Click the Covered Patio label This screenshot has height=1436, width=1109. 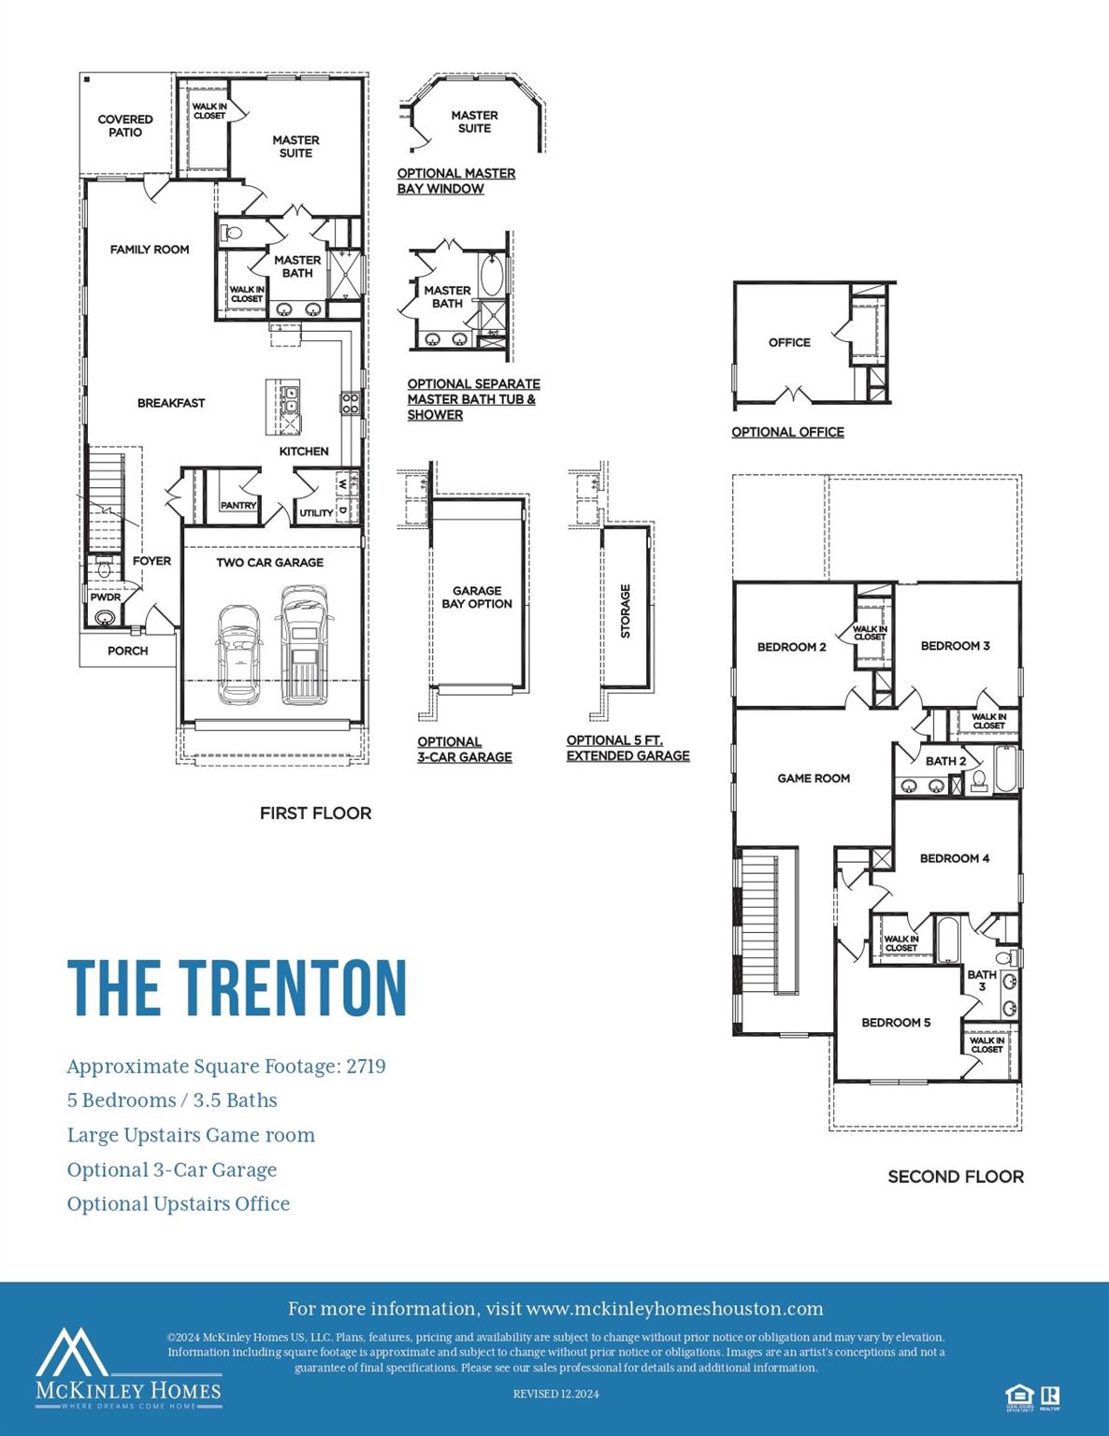(x=125, y=126)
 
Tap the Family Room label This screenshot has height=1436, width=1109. (x=150, y=250)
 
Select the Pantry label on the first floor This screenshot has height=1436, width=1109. (x=238, y=505)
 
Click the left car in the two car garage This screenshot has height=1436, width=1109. (x=238, y=653)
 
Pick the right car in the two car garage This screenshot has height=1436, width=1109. (x=303, y=644)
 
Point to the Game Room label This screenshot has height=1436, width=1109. (x=814, y=778)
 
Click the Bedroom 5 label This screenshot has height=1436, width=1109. (x=896, y=1023)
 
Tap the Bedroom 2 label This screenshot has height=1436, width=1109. (x=791, y=647)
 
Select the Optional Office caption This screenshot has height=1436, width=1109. (x=787, y=432)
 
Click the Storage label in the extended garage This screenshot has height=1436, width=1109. (x=626, y=610)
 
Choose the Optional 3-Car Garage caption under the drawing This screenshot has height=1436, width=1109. (x=464, y=750)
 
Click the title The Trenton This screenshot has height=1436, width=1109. (x=238, y=987)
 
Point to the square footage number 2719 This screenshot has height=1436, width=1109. (x=366, y=1067)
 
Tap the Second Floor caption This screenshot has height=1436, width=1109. (x=955, y=1177)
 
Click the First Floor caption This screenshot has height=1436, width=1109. (x=315, y=813)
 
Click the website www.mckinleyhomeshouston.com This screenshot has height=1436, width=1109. (x=674, y=1309)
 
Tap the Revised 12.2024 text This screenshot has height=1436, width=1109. (x=555, y=1394)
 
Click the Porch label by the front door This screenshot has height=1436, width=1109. (x=127, y=651)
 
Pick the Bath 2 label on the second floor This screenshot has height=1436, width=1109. (x=945, y=761)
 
